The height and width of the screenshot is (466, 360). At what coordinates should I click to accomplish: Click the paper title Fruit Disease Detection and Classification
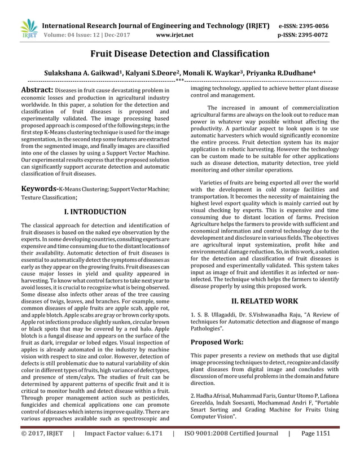[179, 54]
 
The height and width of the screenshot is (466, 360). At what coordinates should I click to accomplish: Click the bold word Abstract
[37, 90]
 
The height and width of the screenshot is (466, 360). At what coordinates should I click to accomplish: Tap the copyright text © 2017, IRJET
[42, 450]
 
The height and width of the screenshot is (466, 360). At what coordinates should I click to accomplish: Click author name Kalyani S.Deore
[148, 73]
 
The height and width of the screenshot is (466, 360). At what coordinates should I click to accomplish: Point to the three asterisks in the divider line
[179, 82]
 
